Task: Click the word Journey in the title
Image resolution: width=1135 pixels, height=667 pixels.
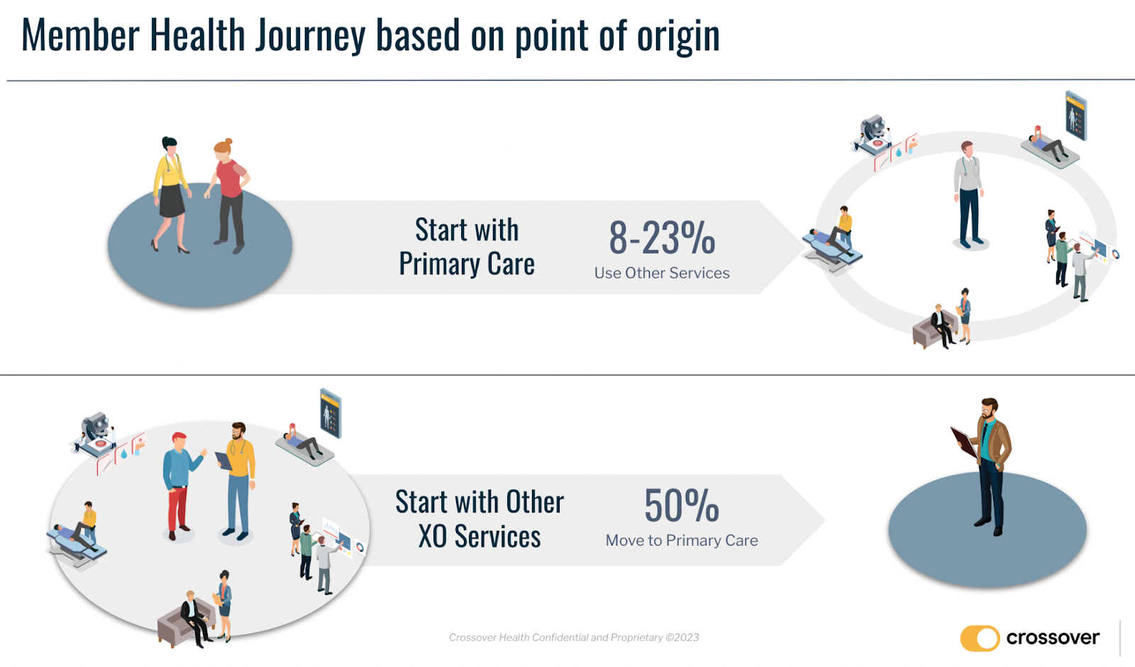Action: pyautogui.click(x=310, y=36)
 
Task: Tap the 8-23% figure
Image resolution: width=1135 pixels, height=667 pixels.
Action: pyautogui.click(x=662, y=237)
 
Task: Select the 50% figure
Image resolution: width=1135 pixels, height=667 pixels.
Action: pyautogui.click(x=682, y=505)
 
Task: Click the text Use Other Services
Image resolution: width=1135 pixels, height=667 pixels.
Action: pyautogui.click(x=662, y=273)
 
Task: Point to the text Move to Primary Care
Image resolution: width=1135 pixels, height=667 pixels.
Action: pyautogui.click(x=682, y=540)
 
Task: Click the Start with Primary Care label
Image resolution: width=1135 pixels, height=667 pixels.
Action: pyautogui.click(x=467, y=247)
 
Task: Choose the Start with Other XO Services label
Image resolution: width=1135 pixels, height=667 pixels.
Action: pyautogui.click(x=480, y=519)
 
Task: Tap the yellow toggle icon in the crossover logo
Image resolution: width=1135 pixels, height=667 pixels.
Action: pyautogui.click(x=980, y=638)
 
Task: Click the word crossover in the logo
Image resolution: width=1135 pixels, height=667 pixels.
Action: pyautogui.click(x=1053, y=638)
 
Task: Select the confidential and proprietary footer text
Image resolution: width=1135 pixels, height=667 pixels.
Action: pyautogui.click(x=574, y=638)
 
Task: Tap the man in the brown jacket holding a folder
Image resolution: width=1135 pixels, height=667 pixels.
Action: pyautogui.click(x=985, y=466)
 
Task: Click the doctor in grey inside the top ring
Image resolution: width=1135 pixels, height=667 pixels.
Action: pyautogui.click(x=968, y=195)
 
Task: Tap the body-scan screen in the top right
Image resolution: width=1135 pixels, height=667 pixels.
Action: pyautogui.click(x=1075, y=116)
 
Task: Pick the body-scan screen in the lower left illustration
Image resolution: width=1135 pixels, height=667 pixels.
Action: pyautogui.click(x=331, y=413)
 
